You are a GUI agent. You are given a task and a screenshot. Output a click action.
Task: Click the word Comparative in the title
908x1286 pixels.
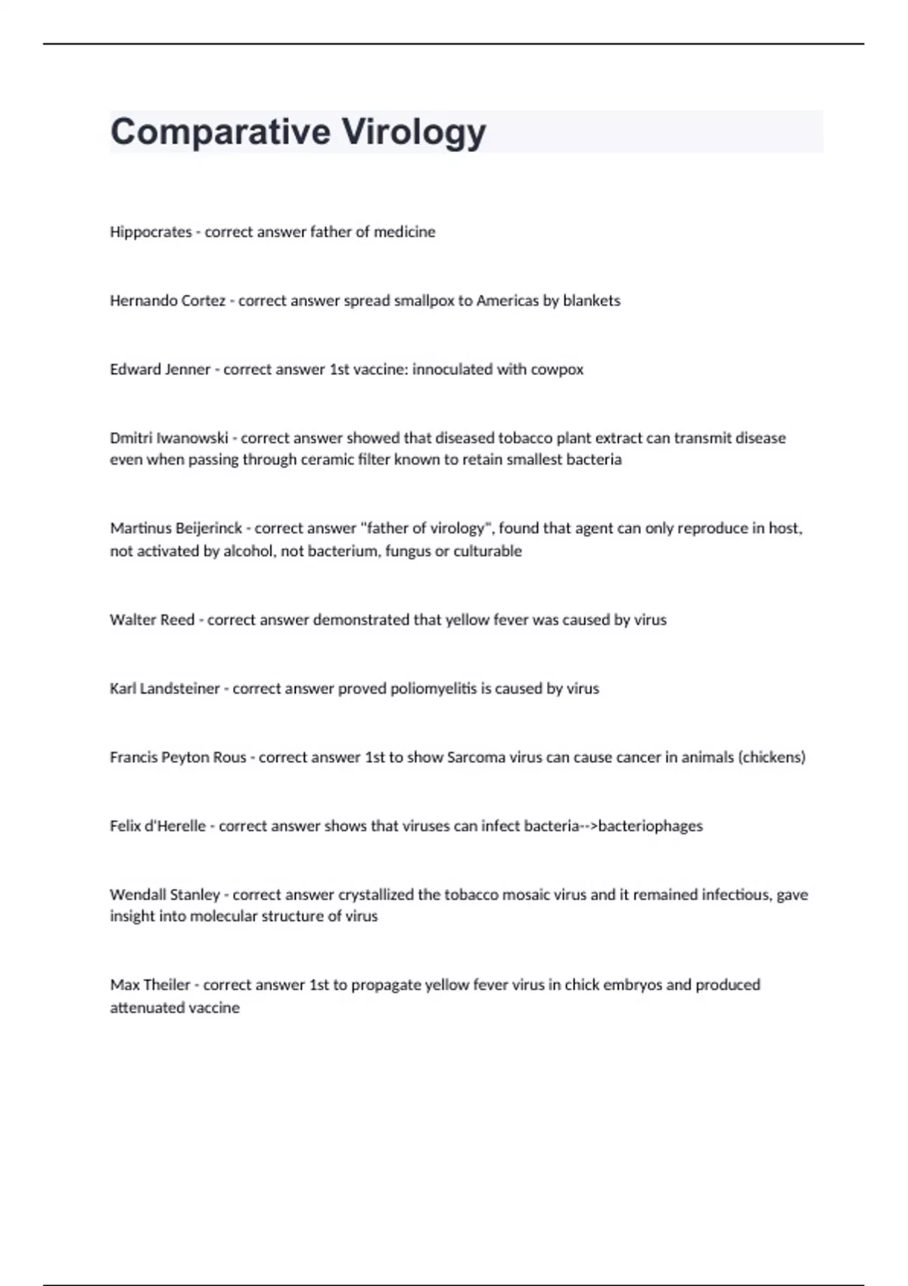[x=220, y=132]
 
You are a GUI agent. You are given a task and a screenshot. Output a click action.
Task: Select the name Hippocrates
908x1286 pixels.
[x=151, y=232]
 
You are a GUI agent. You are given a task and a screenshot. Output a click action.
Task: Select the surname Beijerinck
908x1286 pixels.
[x=208, y=528]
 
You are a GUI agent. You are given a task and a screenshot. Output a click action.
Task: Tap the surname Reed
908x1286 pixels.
[x=178, y=620]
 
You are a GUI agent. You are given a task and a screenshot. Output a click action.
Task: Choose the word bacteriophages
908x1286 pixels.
[x=650, y=826]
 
